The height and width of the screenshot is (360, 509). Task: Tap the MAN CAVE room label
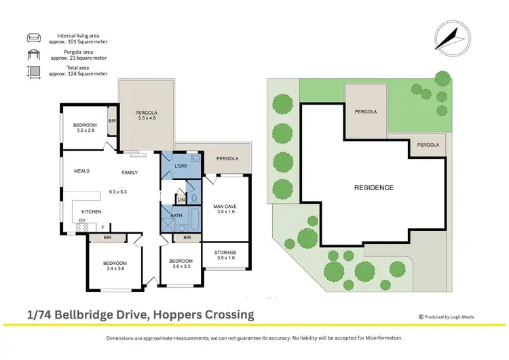point(225,206)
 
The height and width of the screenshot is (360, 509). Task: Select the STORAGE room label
point(225,253)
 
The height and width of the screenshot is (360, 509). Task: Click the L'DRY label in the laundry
point(181,166)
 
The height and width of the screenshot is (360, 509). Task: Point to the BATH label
point(176,215)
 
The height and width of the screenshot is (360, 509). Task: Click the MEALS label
point(82,171)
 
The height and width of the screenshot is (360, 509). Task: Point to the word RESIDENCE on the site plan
point(373,187)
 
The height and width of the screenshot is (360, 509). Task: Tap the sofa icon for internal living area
point(34,38)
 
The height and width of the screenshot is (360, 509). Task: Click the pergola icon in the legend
point(34,56)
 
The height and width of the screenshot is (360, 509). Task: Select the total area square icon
point(34,73)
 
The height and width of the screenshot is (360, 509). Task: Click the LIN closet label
point(181,200)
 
